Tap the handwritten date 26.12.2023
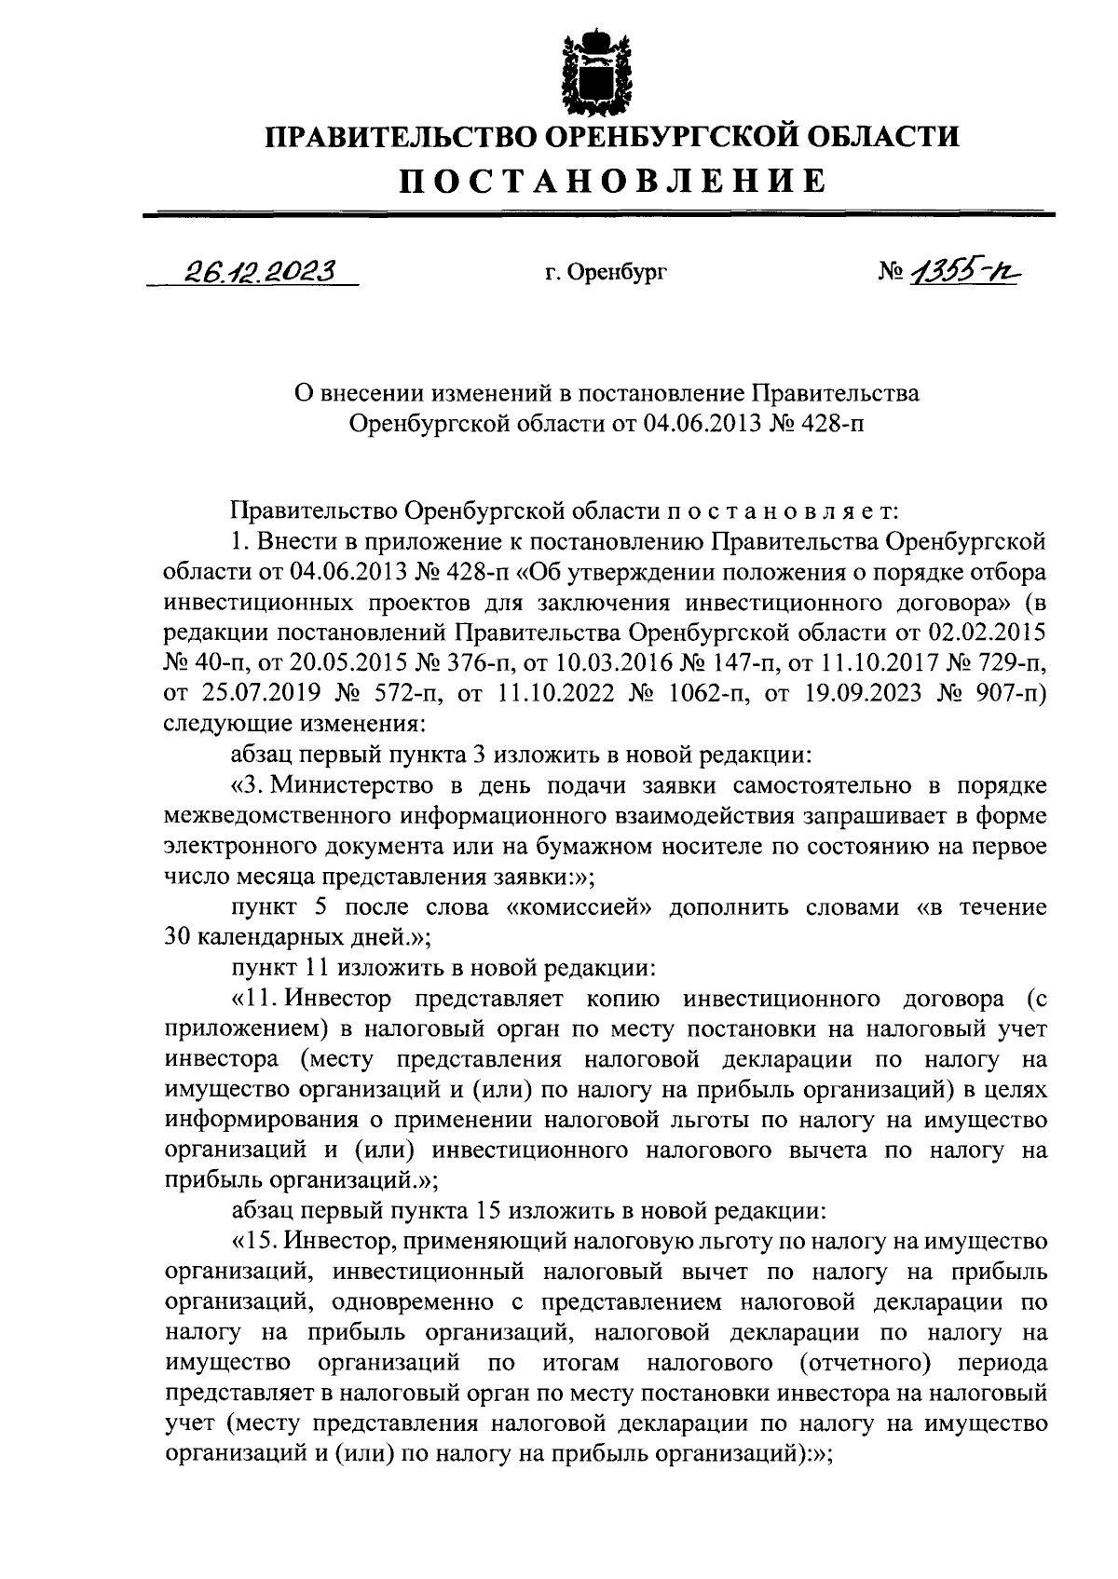pyautogui.click(x=260, y=271)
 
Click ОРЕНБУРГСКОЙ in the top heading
pyautogui.click(x=668, y=137)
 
